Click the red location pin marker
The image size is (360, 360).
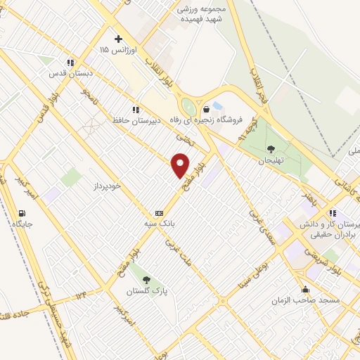(181, 165)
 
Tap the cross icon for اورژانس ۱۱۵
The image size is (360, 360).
(118, 39)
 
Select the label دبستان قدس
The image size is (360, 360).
(67, 72)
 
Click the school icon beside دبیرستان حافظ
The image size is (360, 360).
(135, 109)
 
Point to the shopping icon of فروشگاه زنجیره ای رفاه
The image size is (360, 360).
(206, 109)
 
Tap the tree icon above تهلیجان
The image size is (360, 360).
(271, 148)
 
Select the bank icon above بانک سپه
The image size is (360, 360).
(159, 212)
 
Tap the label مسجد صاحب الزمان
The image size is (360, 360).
(306, 300)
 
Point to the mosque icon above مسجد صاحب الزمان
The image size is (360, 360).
(305, 289)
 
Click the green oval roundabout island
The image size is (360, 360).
(188, 108)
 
